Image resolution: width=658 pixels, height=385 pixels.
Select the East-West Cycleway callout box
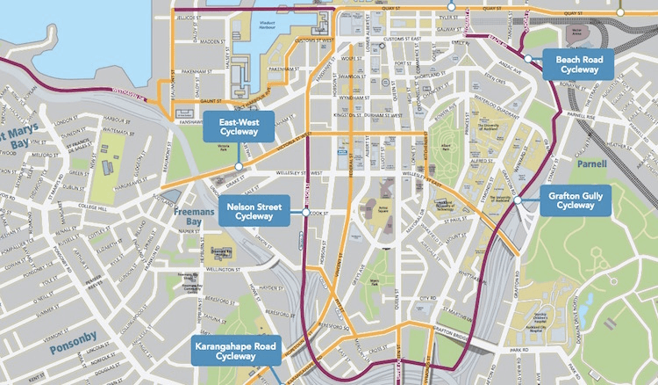tap(239, 127)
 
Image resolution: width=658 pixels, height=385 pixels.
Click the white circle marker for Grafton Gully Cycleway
tap(518, 200)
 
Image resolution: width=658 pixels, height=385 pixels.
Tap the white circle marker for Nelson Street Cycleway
tap(305, 213)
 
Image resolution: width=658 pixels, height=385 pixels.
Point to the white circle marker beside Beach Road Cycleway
tap(529, 58)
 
